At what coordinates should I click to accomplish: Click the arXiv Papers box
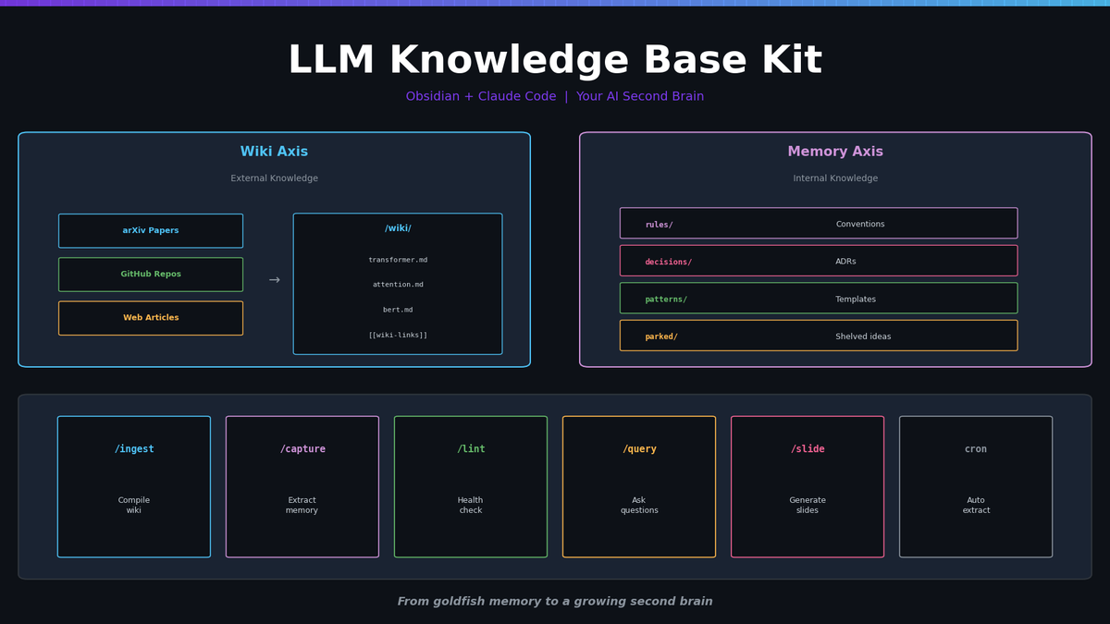[151, 231]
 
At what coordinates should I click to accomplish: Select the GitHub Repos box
[151, 275]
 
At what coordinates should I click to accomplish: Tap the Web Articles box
[151, 318]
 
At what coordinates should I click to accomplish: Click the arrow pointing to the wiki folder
[274, 280]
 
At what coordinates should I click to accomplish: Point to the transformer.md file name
[398, 260]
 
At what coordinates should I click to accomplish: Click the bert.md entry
[398, 310]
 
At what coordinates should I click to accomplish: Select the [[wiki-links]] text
[398, 335]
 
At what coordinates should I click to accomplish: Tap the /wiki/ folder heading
[398, 228]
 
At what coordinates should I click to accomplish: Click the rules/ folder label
[659, 225]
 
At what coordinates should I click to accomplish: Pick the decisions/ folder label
[668, 262]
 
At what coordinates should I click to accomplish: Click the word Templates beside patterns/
[856, 300]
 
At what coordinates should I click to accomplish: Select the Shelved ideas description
[863, 336]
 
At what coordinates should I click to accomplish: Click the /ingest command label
[134, 449]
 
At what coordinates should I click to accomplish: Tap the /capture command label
[302, 449]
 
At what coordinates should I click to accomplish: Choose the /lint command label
[471, 449]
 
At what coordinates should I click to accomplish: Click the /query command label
[639, 449]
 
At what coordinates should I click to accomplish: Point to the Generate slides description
[808, 505]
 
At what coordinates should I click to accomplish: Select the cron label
[976, 449]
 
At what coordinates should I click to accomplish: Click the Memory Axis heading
[835, 152]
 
